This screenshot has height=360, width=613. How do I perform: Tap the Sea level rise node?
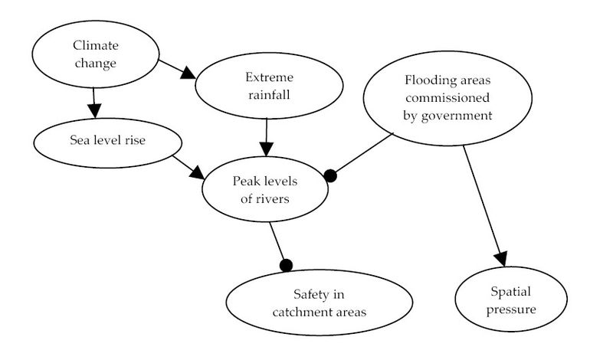[107, 142]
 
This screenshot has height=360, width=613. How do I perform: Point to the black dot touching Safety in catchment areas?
[287, 265]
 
